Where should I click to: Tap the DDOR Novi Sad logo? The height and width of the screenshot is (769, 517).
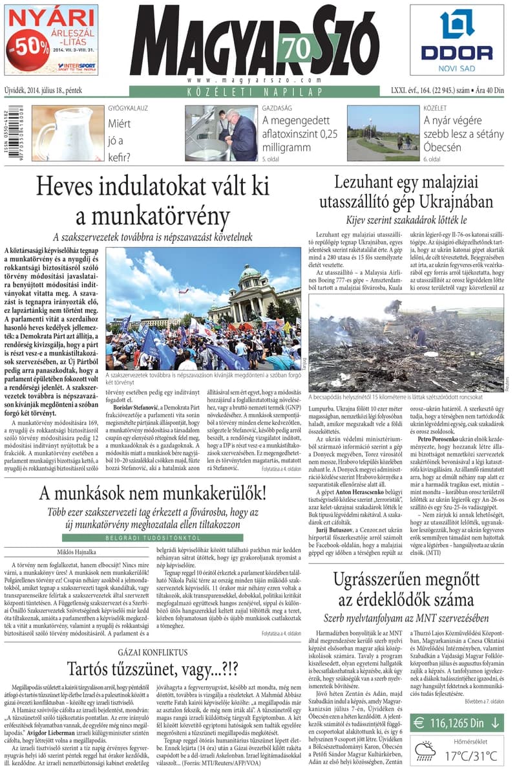point(457,39)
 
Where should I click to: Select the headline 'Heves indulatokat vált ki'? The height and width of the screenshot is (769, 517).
point(152,186)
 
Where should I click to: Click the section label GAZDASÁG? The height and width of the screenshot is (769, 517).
point(277,108)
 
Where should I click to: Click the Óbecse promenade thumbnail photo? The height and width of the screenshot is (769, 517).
point(383,133)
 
